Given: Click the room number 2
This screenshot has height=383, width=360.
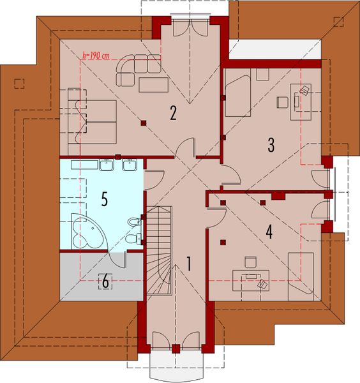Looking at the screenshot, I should click(172, 113).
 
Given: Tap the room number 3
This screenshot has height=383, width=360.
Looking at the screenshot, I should click(271, 145).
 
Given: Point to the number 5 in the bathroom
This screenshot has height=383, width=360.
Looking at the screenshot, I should click(104, 199).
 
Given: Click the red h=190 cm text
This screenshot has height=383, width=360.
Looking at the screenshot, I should click(96, 56).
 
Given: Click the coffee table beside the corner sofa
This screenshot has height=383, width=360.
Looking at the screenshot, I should click(153, 84).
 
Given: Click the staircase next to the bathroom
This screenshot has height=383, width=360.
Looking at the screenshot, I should click(160, 249).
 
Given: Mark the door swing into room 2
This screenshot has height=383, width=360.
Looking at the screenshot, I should click(185, 147).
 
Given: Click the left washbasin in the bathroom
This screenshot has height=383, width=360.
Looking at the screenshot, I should click(107, 166).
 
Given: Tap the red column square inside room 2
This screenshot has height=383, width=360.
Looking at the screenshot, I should click(144, 122).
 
